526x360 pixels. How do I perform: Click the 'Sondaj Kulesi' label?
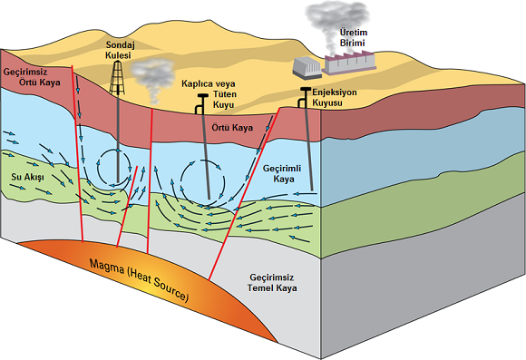click(x=118, y=50)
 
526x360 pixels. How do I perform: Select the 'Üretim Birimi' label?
click(x=354, y=37)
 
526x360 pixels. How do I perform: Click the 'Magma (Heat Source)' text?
click(x=139, y=280)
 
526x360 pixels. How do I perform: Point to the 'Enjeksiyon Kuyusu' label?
click(x=334, y=98)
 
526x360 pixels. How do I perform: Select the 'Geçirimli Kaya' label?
click(x=282, y=174)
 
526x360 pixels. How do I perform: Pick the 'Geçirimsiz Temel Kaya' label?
click(x=272, y=283)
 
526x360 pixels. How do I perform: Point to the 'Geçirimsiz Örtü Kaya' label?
click(x=33, y=77)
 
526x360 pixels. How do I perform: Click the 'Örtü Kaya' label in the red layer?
click(x=232, y=128)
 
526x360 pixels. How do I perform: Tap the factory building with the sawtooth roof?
click(x=349, y=63)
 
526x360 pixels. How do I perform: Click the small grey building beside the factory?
click(x=307, y=69)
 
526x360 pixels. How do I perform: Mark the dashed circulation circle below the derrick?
click(x=115, y=168)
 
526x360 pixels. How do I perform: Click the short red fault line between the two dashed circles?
click(x=127, y=207)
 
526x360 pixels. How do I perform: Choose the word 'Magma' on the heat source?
click(x=107, y=267)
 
